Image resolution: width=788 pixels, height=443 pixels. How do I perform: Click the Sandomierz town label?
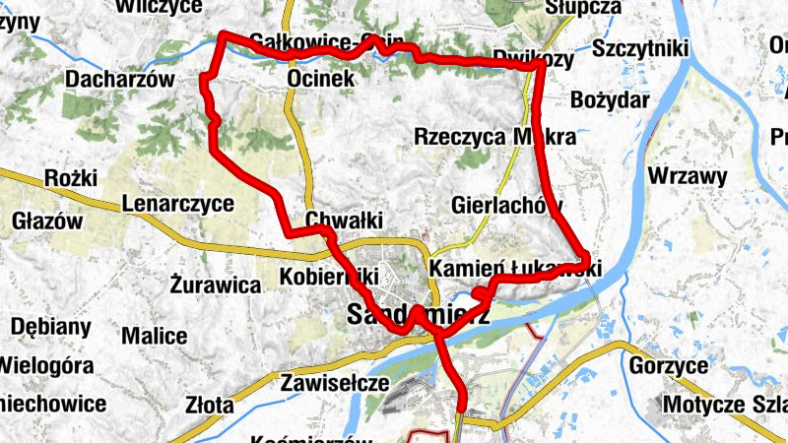pos(419,315)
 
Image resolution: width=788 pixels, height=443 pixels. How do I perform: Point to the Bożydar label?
pos(610,100)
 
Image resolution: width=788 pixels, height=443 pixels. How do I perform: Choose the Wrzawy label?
pos(688,177)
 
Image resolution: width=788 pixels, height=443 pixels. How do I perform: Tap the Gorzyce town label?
pos(668,366)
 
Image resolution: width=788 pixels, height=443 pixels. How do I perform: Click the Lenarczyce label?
pos(178,204)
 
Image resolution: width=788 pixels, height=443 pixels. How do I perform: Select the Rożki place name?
pos(71,178)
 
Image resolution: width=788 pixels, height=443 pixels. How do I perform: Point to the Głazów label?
pos(47,221)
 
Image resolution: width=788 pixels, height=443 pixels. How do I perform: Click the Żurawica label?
pos(214,285)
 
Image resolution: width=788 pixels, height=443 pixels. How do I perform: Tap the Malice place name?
pos(155,336)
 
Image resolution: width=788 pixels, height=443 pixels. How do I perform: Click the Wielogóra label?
pos(46,366)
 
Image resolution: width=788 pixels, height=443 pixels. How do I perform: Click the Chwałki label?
pos(343,219)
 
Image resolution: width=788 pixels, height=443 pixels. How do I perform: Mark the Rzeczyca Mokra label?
pos(493,137)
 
